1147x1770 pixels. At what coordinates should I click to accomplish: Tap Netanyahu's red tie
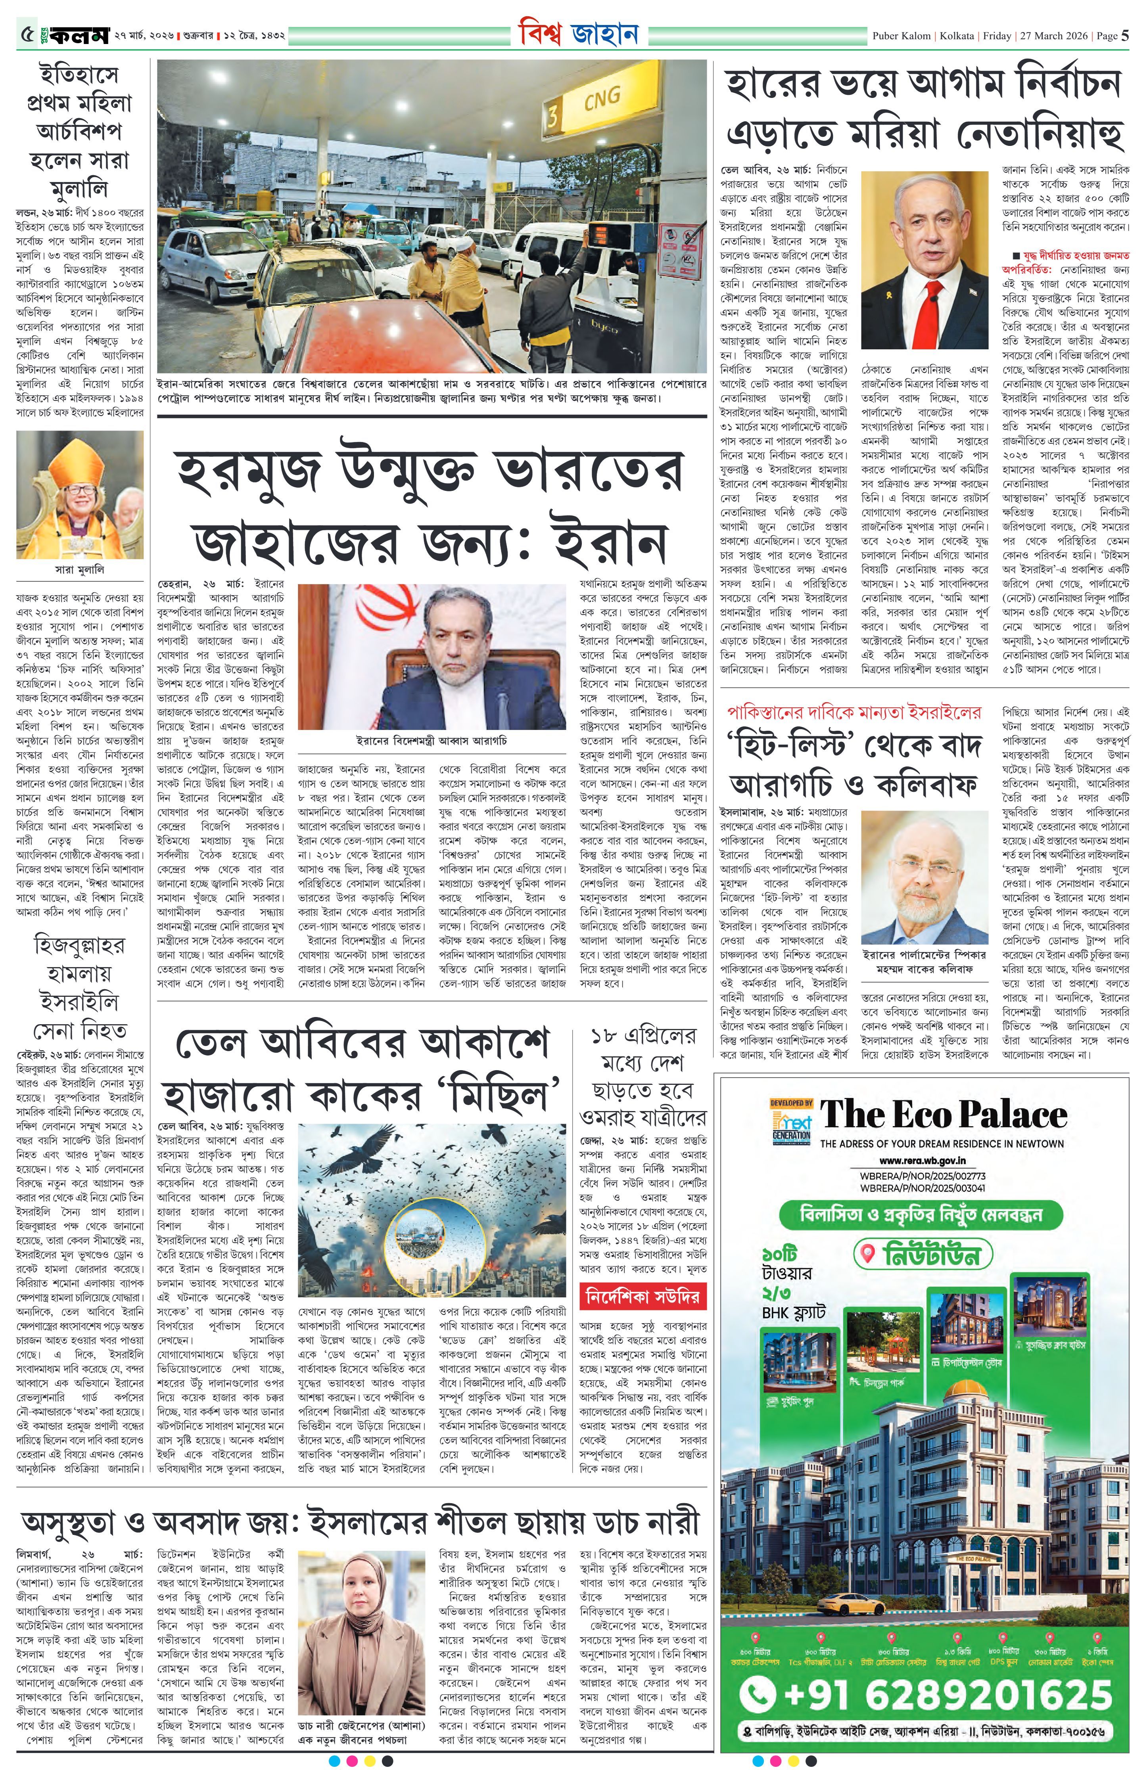[924, 312]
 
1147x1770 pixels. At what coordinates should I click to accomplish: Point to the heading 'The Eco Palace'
[943, 1115]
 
